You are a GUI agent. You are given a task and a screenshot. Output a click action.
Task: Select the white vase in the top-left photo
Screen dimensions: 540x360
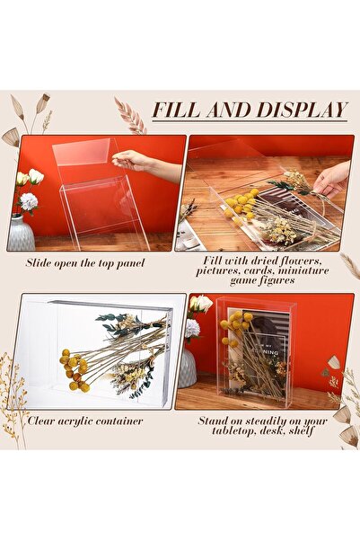point(22,233)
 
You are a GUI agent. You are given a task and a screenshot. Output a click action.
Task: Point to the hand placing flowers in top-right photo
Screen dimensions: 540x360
point(331,178)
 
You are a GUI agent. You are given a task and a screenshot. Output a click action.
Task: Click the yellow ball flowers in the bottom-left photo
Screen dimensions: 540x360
point(75,369)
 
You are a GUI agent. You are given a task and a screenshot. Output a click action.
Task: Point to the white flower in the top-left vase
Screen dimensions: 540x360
point(29,201)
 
